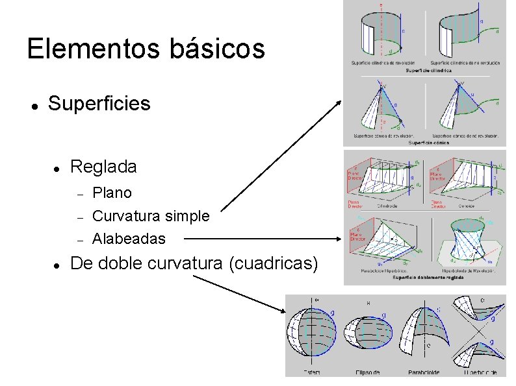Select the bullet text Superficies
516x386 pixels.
(99, 103)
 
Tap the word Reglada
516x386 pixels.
(103, 167)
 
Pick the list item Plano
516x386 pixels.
(112, 193)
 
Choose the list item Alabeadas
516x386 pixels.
(129, 239)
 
